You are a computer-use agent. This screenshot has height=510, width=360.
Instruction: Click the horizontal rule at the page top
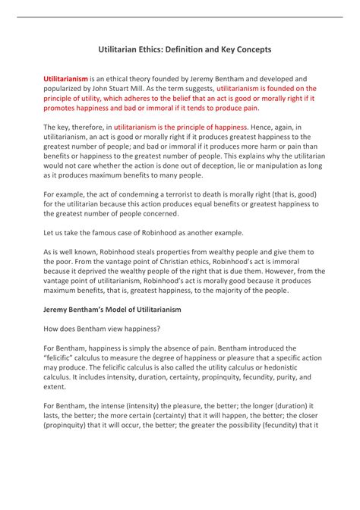click(179, 16)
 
